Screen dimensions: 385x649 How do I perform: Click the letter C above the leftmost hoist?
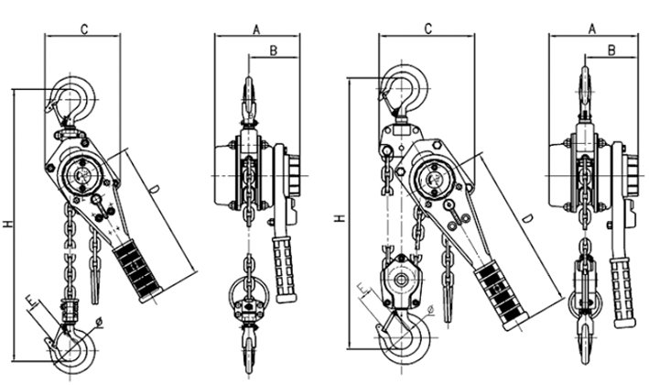83,29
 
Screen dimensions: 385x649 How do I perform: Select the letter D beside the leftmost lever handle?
155,190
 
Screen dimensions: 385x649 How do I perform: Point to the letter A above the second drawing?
257,29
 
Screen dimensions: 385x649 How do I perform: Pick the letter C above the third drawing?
427,29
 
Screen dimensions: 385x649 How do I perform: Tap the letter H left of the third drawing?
340,218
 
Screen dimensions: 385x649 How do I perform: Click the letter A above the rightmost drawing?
592,29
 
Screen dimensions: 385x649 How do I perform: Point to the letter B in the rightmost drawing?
611,51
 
